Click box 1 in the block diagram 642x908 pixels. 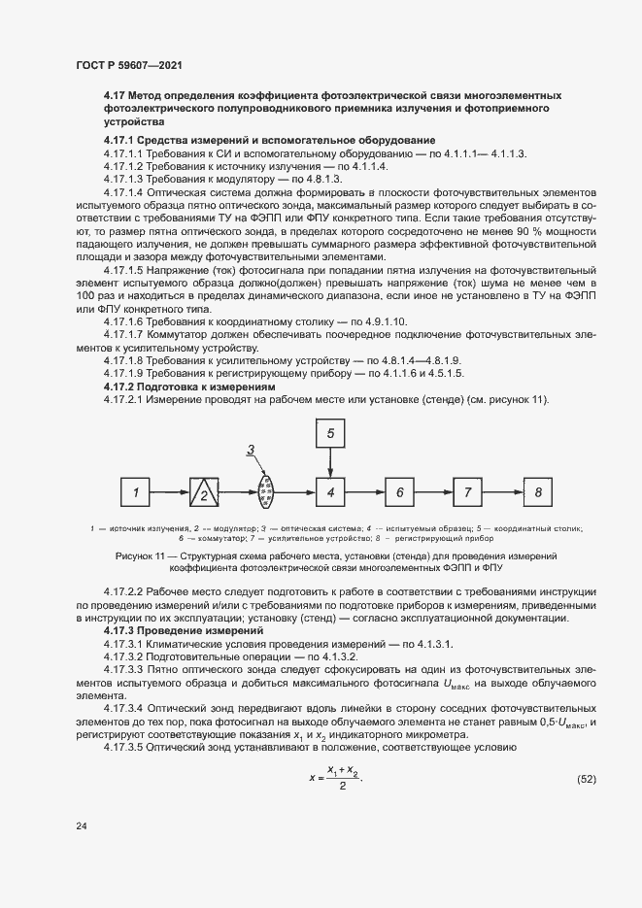pyautogui.click(x=137, y=492)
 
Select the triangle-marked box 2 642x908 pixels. pyautogui.click(x=204, y=492)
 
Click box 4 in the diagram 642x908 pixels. pyautogui.click(x=330, y=492)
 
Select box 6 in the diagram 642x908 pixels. pyautogui.click(x=398, y=492)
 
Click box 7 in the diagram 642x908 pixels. pyautogui.click(x=467, y=492)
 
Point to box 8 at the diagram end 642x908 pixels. pyautogui.click(x=536, y=492)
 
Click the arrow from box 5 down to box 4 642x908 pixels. pyautogui.click(x=330, y=462)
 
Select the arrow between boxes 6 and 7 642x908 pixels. pyautogui.click(x=432, y=492)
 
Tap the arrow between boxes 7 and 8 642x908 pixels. pyautogui.click(x=501, y=492)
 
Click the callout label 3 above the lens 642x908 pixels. pyautogui.click(x=251, y=448)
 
